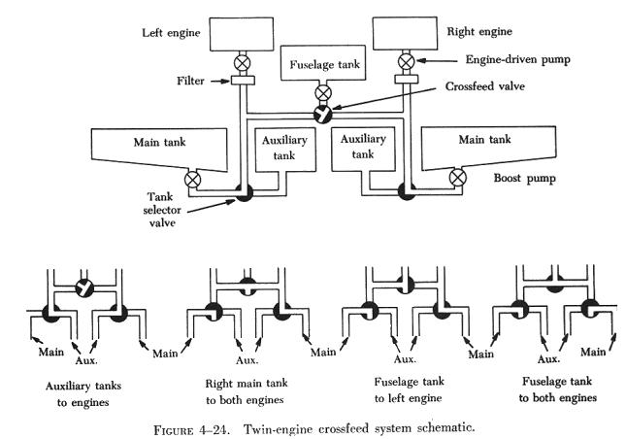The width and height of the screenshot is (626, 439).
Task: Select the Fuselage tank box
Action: tap(325, 68)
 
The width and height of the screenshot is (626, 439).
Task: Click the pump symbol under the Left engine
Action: tap(243, 66)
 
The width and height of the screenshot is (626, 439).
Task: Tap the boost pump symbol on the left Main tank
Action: tap(193, 178)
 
